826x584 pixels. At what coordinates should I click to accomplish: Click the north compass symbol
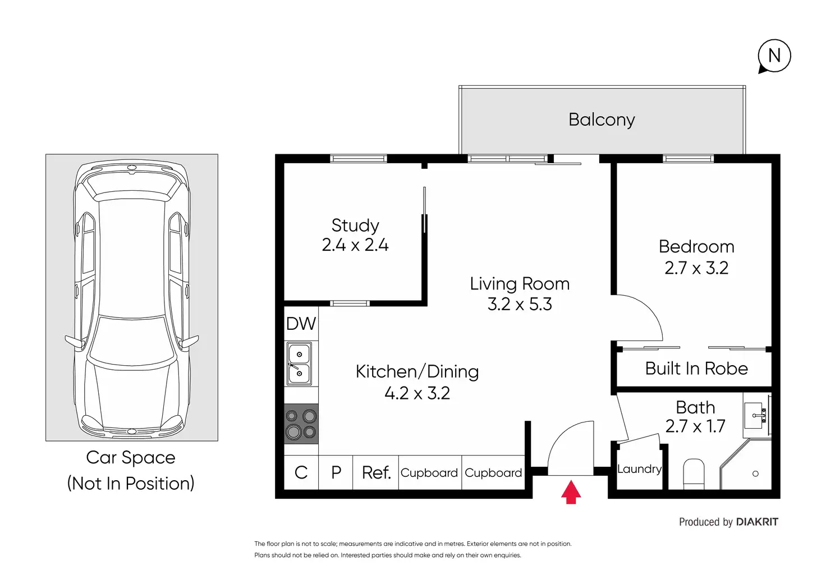[x=774, y=56]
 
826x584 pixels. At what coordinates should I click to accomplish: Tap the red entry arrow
[x=571, y=492]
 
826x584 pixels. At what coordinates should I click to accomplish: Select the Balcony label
[x=602, y=120]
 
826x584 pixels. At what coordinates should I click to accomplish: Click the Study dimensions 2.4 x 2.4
[x=355, y=245]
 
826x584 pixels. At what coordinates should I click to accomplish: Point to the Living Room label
[x=520, y=284]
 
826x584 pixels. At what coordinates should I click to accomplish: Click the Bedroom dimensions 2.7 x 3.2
[x=696, y=268]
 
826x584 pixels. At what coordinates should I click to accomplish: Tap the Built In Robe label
[x=696, y=369]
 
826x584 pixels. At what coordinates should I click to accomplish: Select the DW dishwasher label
[x=301, y=324]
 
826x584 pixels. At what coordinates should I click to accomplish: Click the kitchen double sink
[x=299, y=364]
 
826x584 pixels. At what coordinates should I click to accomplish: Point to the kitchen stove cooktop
[x=301, y=424]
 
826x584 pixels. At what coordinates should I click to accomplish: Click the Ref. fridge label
[x=376, y=473]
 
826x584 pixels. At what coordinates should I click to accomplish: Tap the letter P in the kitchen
[x=336, y=472]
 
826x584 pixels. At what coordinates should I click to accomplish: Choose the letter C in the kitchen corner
[x=301, y=472]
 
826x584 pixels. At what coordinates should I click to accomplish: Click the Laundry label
[x=639, y=469]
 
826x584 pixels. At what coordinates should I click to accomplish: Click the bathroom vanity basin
[x=755, y=416]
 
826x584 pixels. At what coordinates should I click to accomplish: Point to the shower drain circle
[x=755, y=473]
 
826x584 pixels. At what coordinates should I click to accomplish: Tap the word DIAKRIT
[x=757, y=522]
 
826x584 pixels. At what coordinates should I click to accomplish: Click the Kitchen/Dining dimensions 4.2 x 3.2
[x=417, y=393]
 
